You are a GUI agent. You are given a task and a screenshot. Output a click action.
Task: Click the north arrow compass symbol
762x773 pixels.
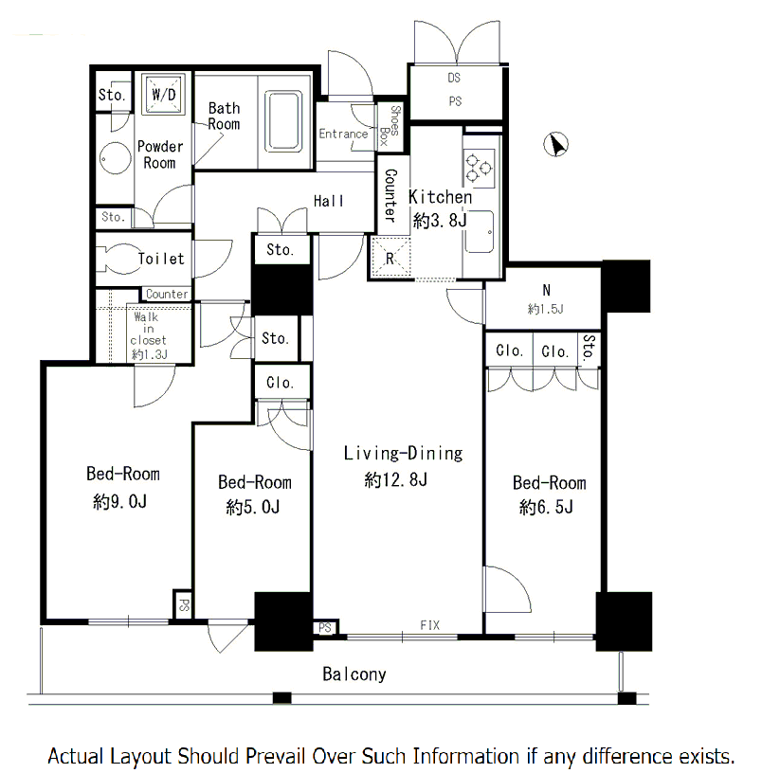(555, 144)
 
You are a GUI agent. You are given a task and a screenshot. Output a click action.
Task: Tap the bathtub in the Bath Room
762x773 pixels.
(283, 121)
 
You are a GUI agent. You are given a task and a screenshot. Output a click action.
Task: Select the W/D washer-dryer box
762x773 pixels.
(163, 94)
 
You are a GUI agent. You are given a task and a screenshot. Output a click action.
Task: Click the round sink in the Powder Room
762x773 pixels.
(116, 158)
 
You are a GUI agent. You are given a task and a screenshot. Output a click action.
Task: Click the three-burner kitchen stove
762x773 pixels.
(479, 168)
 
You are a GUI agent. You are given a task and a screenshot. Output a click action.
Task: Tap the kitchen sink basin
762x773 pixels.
(479, 232)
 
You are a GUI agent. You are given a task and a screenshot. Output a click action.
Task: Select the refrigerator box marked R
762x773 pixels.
(390, 258)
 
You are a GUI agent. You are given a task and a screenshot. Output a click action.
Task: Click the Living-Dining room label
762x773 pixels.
(404, 453)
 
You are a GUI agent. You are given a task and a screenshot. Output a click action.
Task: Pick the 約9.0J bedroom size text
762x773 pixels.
(119, 501)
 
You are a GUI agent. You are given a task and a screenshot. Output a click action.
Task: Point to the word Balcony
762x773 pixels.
(354, 674)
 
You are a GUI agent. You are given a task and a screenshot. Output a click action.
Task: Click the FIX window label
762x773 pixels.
(429, 625)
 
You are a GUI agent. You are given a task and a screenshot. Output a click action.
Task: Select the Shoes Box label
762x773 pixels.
(390, 126)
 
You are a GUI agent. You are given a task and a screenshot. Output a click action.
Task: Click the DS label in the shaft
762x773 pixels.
(454, 78)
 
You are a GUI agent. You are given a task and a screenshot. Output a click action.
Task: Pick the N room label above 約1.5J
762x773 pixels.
(547, 291)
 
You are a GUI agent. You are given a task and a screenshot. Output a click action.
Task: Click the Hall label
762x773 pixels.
(329, 201)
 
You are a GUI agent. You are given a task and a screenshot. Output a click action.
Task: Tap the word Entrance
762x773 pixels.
(343, 134)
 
